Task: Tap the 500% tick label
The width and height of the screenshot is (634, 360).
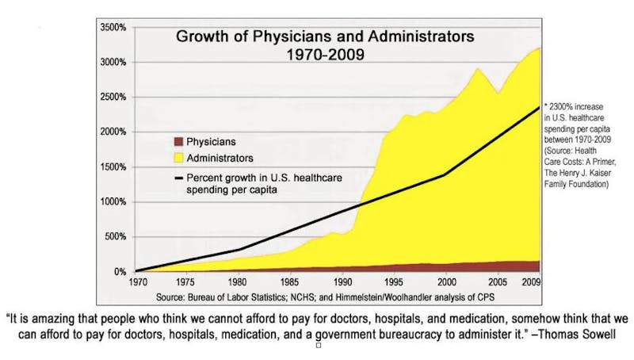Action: point(114,236)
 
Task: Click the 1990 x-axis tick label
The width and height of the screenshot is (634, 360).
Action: point(342,281)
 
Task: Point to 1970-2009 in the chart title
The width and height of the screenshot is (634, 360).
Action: point(324,56)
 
